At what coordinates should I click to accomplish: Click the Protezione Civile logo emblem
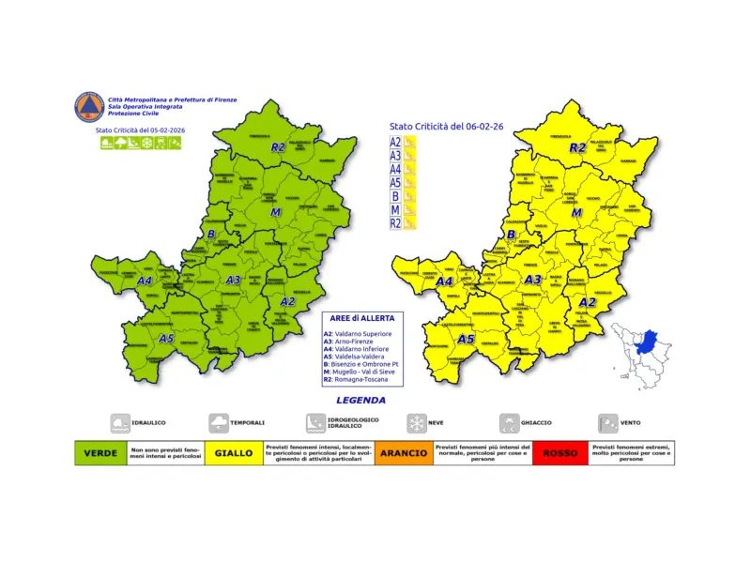click(89, 106)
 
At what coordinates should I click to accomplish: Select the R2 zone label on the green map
click(277, 147)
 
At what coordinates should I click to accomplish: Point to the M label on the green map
click(277, 214)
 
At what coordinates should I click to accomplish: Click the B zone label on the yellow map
click(512, 235)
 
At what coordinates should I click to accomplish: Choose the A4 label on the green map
click(146, 280)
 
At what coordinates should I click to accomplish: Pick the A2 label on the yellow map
click(587, 302)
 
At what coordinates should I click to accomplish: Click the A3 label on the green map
click(234, 280)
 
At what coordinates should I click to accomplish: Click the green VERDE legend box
click(100, 452)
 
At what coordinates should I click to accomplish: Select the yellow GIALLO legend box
click(234, 452)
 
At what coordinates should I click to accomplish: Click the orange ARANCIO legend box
click(404, 452)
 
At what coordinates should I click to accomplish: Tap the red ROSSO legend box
click(559, 452)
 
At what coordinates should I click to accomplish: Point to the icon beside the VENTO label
click(608, 423)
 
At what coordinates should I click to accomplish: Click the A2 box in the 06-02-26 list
click(396, 143)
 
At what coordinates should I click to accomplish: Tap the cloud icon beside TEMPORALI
click(218, 423)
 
